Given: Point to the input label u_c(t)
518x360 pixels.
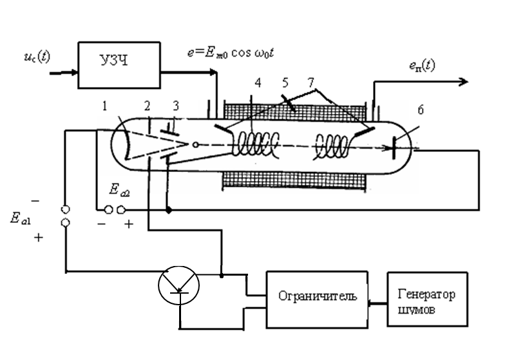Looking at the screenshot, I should [35, 58].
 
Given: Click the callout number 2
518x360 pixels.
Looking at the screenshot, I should [148, 105].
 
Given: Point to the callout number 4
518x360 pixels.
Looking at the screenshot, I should [257, 84].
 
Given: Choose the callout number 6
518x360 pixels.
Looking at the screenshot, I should [420, 111].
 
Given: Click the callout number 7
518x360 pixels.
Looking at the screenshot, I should [311, 84].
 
